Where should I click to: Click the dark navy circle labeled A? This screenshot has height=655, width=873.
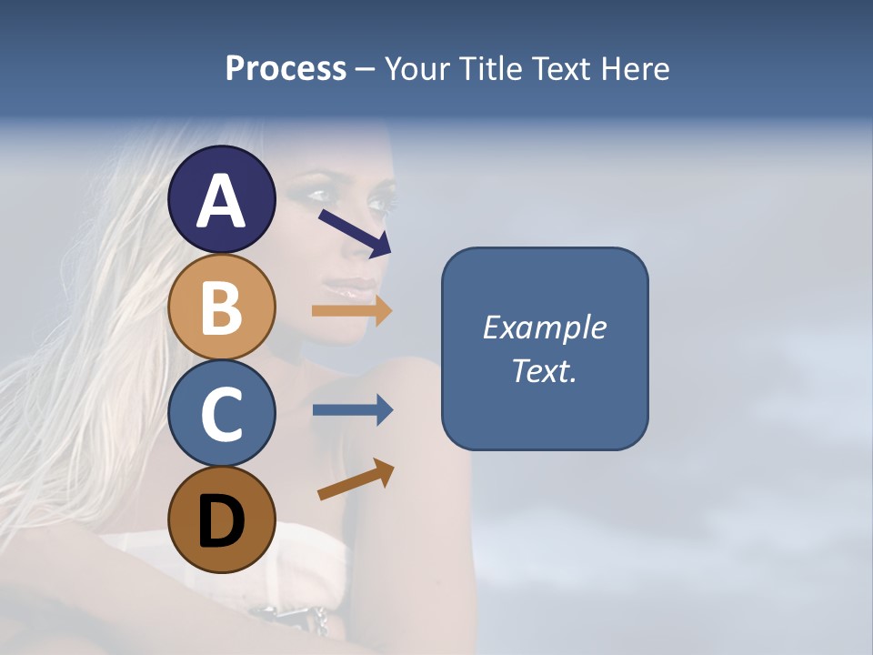click(221, 199)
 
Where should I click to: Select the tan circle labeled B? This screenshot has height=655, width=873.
click(221, 307)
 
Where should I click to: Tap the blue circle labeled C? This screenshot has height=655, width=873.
click(221, 414)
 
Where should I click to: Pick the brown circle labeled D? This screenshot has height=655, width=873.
click(221, 520)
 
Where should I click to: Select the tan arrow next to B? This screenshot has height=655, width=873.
click(351, 310)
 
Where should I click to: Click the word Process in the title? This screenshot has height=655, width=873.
click(286, 69)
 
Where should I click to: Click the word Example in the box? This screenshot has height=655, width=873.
click(544, 327)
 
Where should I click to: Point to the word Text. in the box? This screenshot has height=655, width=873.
click(544, 371)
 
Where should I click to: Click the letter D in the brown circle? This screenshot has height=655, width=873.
click(221, 522)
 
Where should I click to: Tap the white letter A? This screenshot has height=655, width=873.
click(221, 201)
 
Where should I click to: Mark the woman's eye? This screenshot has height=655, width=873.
click(375, 200)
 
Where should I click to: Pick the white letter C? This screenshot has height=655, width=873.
click(221, 415)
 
